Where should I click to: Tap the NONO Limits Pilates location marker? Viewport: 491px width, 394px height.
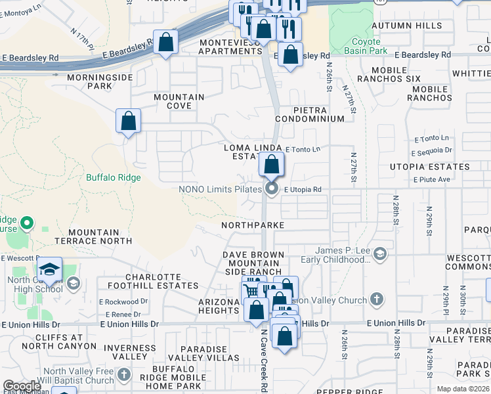(272, 190)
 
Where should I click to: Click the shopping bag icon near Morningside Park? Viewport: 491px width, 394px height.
(128, 121)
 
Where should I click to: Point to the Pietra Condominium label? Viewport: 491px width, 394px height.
(310, 114)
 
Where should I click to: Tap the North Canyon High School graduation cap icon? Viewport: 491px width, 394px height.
(49, 270)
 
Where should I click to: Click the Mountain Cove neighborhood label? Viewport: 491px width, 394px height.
(179, 102)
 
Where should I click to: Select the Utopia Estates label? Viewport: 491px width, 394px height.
(431, 167)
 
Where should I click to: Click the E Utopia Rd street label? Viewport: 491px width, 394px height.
(303, 190)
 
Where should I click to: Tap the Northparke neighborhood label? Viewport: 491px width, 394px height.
(253, 225)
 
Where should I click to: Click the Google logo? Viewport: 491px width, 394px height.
(22, 386)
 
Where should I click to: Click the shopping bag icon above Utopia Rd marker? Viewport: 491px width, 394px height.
(271, 165)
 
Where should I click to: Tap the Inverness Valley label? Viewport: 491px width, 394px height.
(130, 351)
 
